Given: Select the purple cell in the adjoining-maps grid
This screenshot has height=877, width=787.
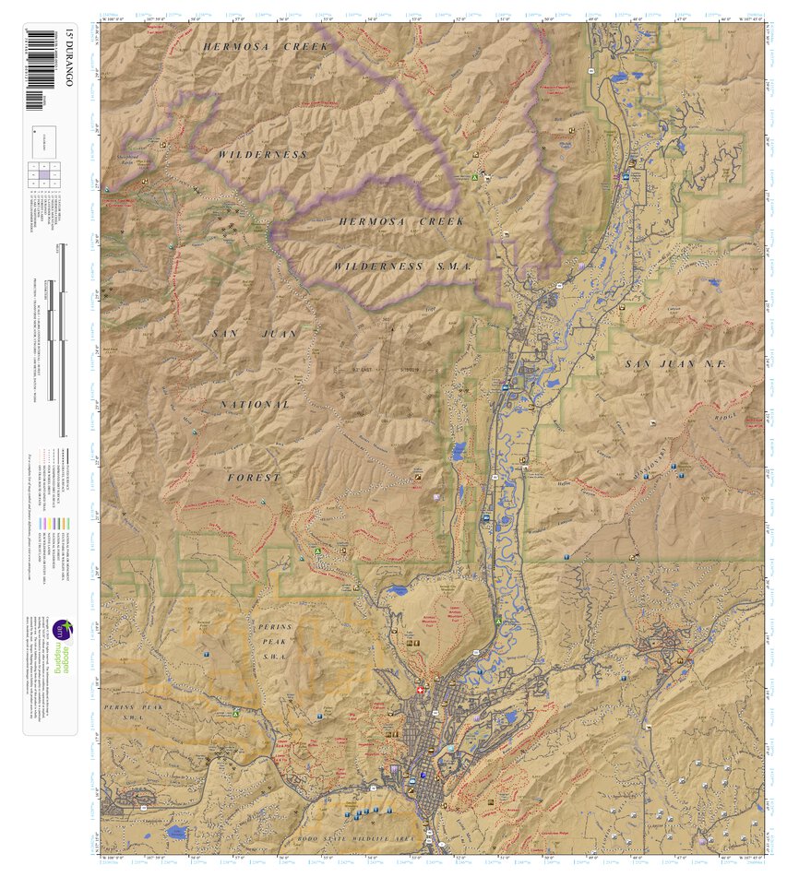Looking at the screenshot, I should coord(44,175).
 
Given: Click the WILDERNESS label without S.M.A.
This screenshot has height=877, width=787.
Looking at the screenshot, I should coord(263,155).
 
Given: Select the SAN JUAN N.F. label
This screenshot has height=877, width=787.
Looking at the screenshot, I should coord(675,364).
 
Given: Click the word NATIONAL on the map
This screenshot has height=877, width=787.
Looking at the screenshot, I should coord(255,405).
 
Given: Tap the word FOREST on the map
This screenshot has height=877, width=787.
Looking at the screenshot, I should coord(254,478).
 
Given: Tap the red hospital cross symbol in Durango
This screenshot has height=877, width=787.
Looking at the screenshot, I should coord(421,690).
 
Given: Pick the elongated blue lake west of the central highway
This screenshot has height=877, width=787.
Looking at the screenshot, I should coord(459,451).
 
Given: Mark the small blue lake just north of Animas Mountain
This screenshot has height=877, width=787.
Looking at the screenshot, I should coord(398,589).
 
